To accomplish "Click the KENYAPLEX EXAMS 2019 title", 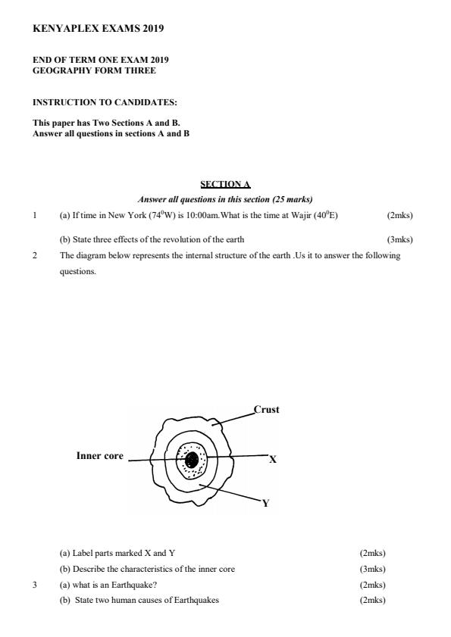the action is click(99, 29).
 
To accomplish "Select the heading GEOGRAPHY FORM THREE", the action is click(94, 70).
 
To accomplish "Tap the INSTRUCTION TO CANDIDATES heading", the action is click(105, 101).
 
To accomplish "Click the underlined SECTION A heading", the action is click(225, 184).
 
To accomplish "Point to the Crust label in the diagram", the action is click(266, 410).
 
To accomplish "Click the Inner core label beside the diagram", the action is click(99, 456).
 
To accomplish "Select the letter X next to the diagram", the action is click(273, 458).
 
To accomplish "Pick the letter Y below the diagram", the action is click(265, 503).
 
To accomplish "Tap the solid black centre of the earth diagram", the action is click(192, 459).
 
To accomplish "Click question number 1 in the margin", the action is click(35, 215).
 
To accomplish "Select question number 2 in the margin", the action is click(35, 255).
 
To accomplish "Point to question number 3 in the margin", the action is click(35, 585).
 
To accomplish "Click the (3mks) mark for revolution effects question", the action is click(399, 239).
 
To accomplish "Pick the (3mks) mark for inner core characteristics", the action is click(372, 569).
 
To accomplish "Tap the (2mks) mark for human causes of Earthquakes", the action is click(372, 601).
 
